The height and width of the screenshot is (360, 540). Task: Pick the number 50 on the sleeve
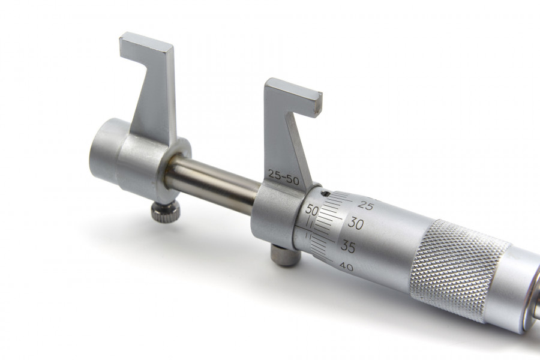312,210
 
